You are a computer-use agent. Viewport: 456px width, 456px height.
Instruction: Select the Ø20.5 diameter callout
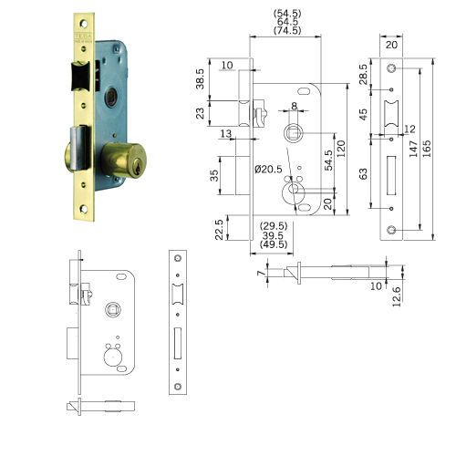click(267, 169)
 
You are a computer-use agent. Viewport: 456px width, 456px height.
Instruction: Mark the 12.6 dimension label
click(397, 295)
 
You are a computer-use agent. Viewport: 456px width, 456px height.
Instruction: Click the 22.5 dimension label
click(219, 227)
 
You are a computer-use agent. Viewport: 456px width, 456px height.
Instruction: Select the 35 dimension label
click(215, 174)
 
